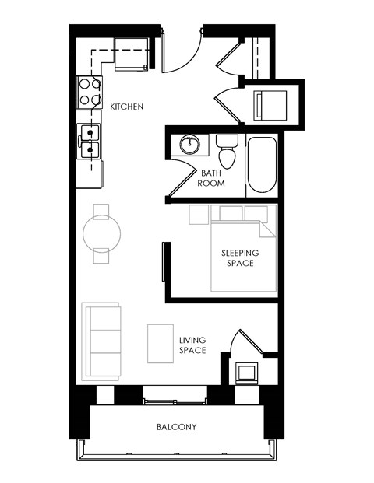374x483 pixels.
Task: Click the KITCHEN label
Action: coord(126,107)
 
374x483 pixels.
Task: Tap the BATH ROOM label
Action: coord(213,178)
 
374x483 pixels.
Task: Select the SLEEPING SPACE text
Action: coord(240,258)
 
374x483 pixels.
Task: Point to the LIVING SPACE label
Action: coord(192,345)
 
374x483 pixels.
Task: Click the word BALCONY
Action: coord(176,427)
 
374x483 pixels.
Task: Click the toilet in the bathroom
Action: coord(228,149)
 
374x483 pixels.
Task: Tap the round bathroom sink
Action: coord(189,144)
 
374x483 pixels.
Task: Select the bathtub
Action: coord(261,166)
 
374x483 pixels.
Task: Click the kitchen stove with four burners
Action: coord(89,92)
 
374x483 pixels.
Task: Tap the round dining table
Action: coord(102,231)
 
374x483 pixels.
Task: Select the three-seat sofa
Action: coord(102,340)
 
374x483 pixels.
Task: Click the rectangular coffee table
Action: coord(161,342)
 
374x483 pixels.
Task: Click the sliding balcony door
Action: coord(175,401)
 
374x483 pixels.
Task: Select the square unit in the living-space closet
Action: coord(247,372)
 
